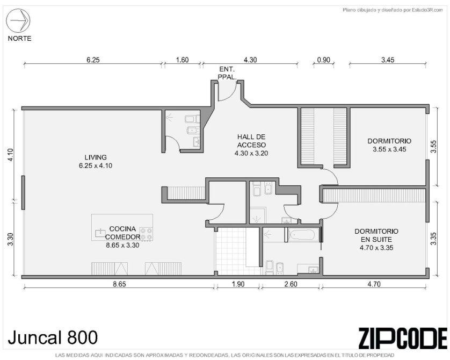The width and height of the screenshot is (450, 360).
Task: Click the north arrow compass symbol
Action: coord(18,20)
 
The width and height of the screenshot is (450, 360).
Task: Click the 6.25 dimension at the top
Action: coord(93,60)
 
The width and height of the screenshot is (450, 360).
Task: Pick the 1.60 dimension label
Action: coord(182,60)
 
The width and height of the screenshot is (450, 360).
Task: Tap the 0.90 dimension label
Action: coord(323,60)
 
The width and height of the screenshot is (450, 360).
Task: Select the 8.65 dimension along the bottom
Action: coord(119,284)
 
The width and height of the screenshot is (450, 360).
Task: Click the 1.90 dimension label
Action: coord(238,284)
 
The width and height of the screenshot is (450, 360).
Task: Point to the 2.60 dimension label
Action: coord(291,284)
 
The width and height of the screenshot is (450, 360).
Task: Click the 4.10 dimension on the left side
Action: coord(11,155)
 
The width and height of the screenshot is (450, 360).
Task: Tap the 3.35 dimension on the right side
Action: coord(434,239)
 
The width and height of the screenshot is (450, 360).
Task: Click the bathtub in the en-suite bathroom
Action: coord(302,235)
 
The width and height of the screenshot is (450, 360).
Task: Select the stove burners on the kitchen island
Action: coord(146,234)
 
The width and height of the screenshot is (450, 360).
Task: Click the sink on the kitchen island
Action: coord(100,233)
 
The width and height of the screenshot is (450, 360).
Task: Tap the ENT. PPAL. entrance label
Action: coord(227,73)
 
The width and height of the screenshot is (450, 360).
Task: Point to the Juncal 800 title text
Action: coord(53,337)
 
